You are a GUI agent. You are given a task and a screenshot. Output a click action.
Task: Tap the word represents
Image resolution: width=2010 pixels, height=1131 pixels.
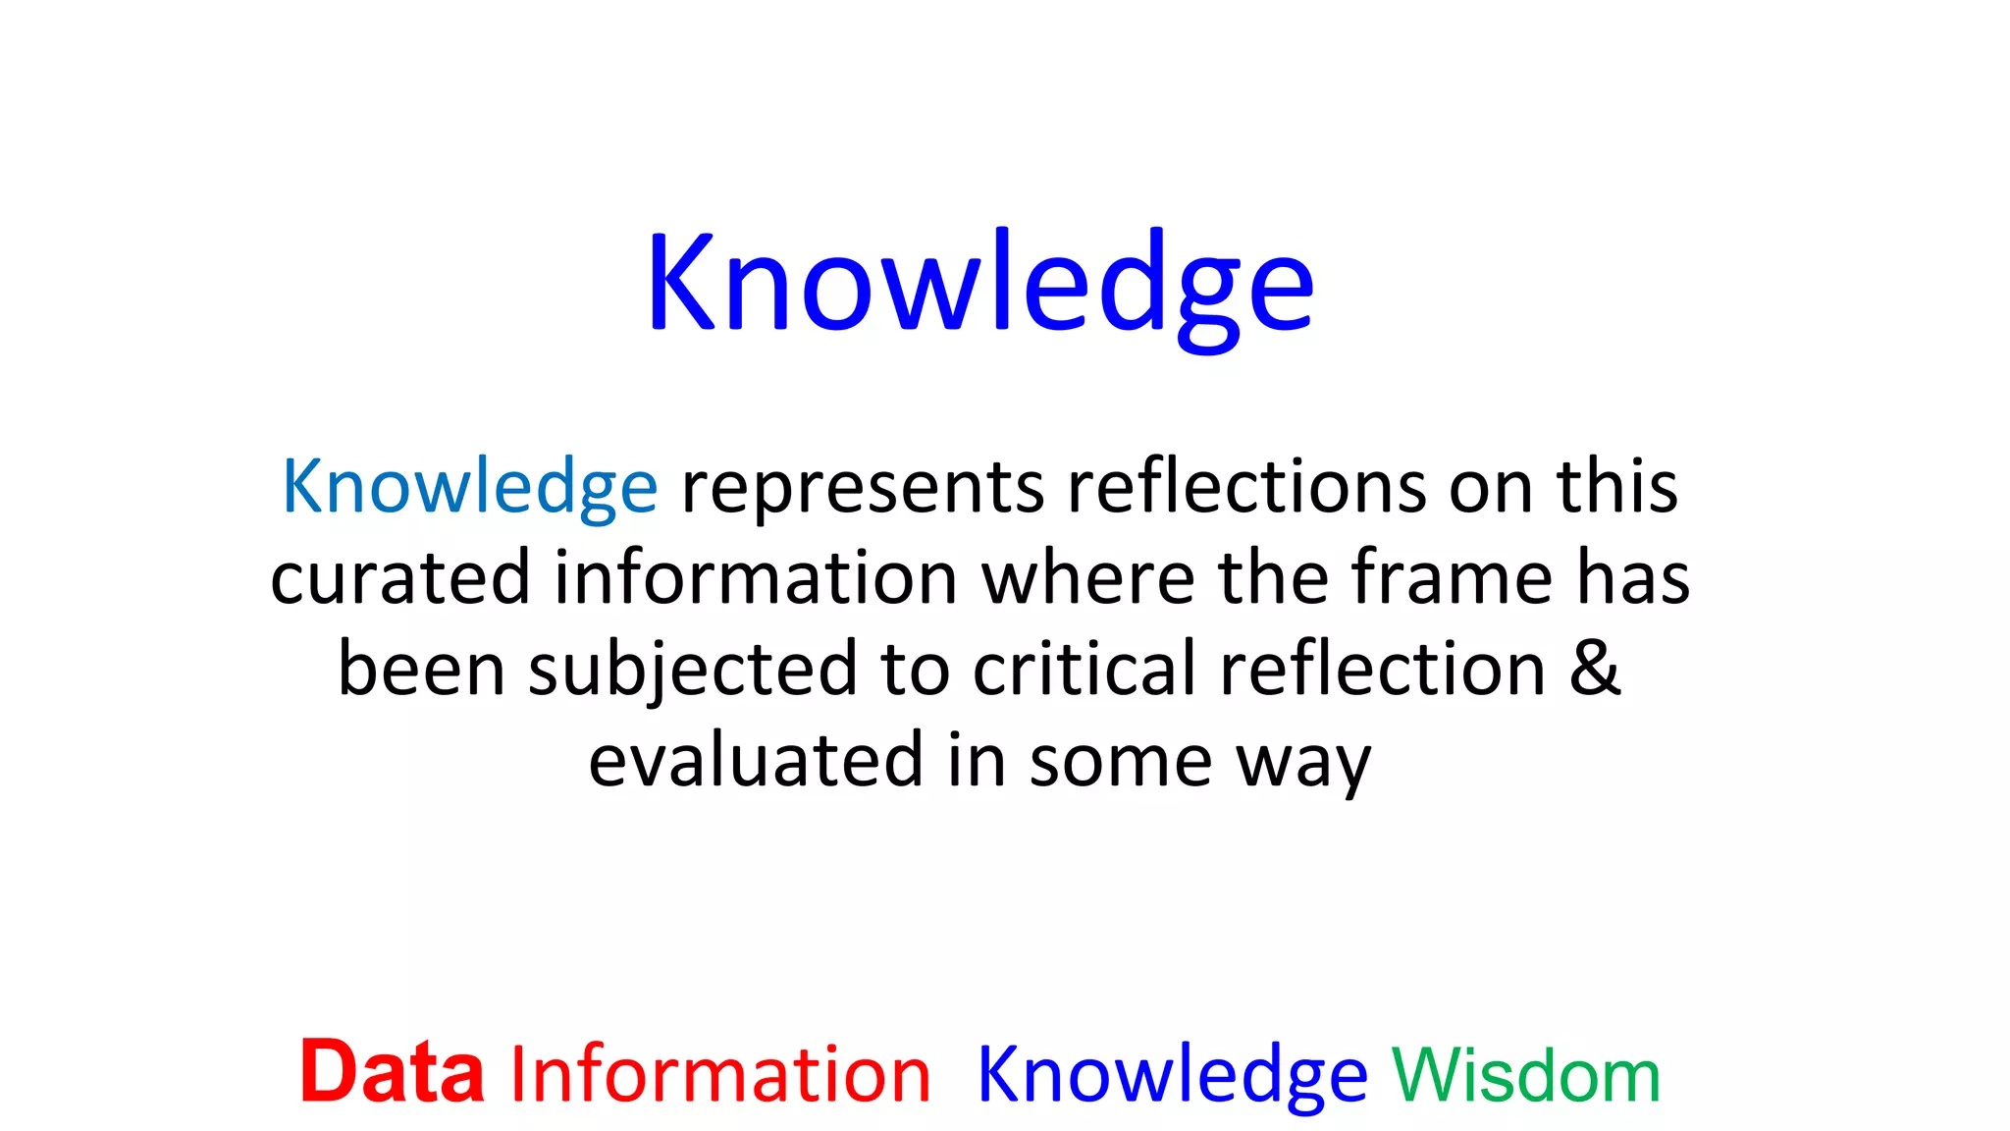tap(863, 488)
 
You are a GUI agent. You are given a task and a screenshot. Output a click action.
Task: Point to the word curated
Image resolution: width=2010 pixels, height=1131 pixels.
tap(400, 577)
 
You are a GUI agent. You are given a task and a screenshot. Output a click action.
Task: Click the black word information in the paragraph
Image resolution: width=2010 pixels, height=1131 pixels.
tap(756, 577)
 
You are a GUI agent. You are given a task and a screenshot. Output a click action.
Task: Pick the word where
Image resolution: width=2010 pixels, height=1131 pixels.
tap(1088, 577)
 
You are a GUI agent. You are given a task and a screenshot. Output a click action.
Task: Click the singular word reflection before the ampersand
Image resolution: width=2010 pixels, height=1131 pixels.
tap(1383, 668)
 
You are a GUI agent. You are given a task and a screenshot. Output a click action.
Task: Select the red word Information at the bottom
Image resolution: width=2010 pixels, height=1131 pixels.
tap(720, 1074)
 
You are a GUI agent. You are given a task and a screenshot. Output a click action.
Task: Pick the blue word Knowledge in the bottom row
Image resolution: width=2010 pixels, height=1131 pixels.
tap(1172, 1076)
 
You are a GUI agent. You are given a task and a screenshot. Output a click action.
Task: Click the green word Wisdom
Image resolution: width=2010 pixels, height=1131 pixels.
tap(1526, 1076)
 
